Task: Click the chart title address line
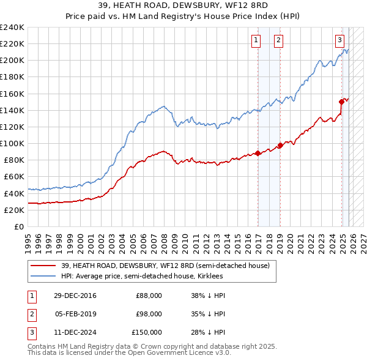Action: point(183,4)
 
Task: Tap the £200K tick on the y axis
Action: point(12,61)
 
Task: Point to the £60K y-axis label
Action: point(13,177)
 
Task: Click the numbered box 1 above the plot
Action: point(255,40)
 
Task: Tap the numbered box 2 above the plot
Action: point(278,40)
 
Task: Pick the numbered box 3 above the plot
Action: point(339,40)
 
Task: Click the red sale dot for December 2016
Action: point(258,153)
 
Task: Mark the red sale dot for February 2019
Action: point(280,145)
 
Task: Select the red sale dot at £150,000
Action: point(341,102)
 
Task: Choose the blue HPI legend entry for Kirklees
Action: point(141,276)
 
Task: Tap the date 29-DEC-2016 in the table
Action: point(75,296)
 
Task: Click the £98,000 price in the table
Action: point(149,314)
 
